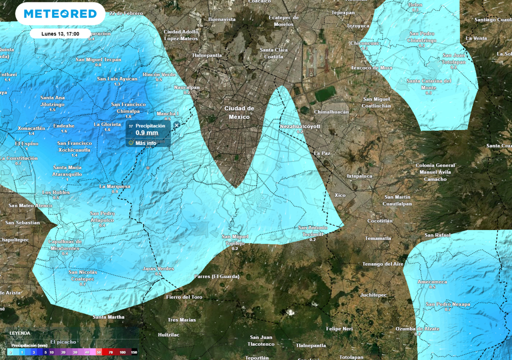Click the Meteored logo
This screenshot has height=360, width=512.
60,13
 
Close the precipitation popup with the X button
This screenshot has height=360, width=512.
176,125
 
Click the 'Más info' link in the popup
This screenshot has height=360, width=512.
145,142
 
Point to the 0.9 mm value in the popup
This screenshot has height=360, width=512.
146,133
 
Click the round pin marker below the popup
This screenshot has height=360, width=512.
148,167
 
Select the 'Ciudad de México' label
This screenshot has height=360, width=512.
239,112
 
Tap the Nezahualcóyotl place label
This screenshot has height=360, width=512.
299,126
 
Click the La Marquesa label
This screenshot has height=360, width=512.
114,186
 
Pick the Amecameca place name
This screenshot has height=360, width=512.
432,282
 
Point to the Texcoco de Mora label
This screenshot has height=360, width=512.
371,67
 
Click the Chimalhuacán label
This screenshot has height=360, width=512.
331,112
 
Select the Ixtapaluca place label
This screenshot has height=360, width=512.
359,176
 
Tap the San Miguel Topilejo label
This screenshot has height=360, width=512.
234,239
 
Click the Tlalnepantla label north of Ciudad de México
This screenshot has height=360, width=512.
206,55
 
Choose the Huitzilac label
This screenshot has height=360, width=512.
168,334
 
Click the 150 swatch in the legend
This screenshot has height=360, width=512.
133,352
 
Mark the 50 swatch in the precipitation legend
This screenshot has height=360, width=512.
99,352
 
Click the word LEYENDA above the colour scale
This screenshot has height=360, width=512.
20,333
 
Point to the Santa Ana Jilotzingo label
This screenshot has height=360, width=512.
52,101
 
